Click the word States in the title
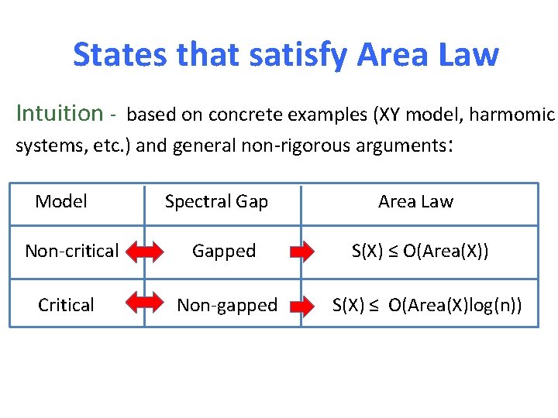click(x=121, y=55)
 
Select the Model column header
click(x=61, y=202)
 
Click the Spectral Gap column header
click(x=216, y=202)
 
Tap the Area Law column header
click(x=415, y=202)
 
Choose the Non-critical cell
click(x=71, y=251)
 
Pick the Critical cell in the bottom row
click(x=66, y=305)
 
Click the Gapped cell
click(x=224, y=251)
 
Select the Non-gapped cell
click(x=227, y=305)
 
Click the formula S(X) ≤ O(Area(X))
click(x=420, y=251)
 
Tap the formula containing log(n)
click(x=427, y=305)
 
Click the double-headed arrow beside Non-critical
click(x=144, y=252)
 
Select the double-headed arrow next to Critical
click(x=144, y=306)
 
